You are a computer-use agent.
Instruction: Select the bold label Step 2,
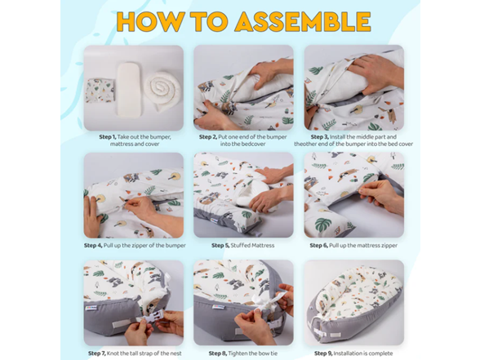coord(211,136)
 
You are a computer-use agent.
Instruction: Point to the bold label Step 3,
coord(322,136)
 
